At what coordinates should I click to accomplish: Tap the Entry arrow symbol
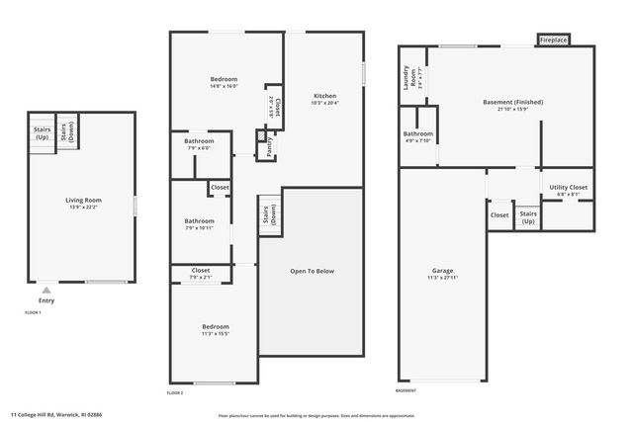45,290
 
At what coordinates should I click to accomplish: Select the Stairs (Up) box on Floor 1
42,132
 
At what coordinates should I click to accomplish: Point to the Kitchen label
325,96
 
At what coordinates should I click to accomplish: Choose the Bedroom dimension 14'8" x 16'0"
223,87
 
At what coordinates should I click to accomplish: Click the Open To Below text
312,271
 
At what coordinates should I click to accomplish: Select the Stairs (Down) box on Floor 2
270,213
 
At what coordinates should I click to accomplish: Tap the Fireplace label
553,41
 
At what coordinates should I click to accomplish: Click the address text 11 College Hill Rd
57,414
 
